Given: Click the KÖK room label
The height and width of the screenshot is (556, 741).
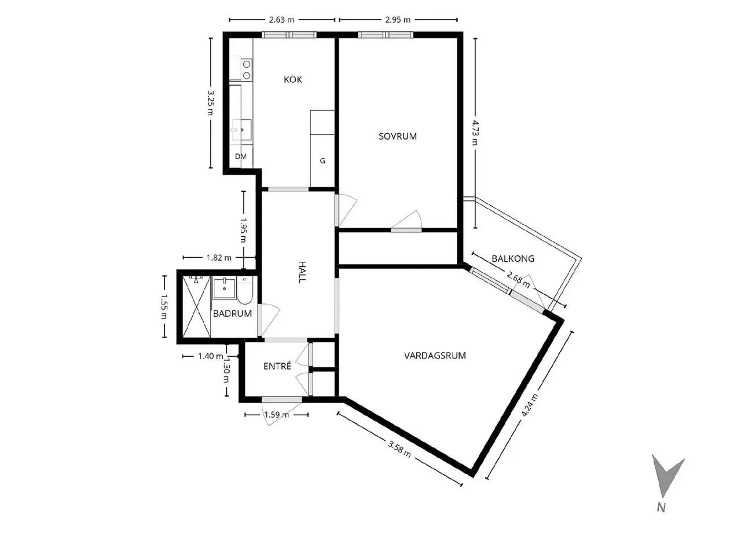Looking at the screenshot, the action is coord(293,80).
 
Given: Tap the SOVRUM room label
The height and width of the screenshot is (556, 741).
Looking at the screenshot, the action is coord(397,136).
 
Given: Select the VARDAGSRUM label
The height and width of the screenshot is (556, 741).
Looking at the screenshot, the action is coord(435,356).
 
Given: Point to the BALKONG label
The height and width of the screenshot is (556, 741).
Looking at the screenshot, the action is coord(513,258).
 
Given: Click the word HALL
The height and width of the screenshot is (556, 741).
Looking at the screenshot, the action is coord(302,272).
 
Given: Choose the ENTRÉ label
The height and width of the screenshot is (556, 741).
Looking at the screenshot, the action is coord(277,366).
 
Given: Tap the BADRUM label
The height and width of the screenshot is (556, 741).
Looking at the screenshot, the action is coord(233,313).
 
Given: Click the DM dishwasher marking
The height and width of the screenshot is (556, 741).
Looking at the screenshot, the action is coord(241,156).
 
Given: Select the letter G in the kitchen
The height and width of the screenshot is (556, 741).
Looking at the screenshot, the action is coord(322,161).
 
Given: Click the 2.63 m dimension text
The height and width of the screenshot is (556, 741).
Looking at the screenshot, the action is coord(281,20).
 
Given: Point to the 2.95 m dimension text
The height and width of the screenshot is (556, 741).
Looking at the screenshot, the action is coord(398,20).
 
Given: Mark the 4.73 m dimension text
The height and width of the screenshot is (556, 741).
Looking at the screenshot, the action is coord(475,133).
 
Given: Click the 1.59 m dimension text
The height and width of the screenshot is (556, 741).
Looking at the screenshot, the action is coord(277,415).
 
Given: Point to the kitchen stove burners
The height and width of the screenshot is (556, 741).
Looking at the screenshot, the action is coord(247,69).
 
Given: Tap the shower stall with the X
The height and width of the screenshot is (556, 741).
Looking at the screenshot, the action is coord(196,306).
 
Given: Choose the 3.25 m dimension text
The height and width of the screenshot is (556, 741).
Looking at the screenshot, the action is coord(211,103).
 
